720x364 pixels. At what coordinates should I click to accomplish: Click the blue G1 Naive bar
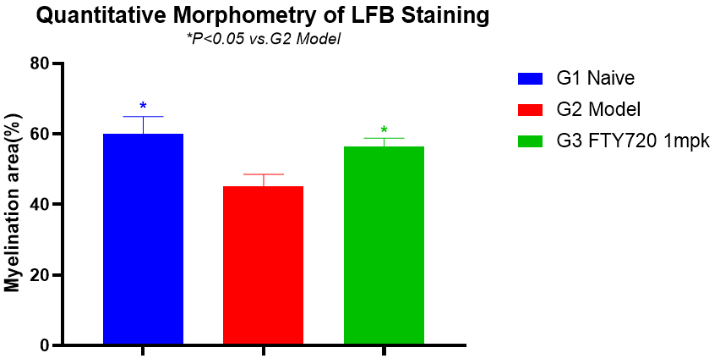pos(143,240)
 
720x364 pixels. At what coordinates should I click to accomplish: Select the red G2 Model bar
pos(263,266)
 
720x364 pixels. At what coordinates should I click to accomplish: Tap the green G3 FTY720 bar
pos(384,245)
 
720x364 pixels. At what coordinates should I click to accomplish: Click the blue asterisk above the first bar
pos(143,107)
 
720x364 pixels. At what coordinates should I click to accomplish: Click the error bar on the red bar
pos(263,179)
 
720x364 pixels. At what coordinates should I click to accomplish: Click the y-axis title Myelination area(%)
pos(13,204)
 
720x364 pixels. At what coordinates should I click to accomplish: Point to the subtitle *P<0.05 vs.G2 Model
pos(263,39)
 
